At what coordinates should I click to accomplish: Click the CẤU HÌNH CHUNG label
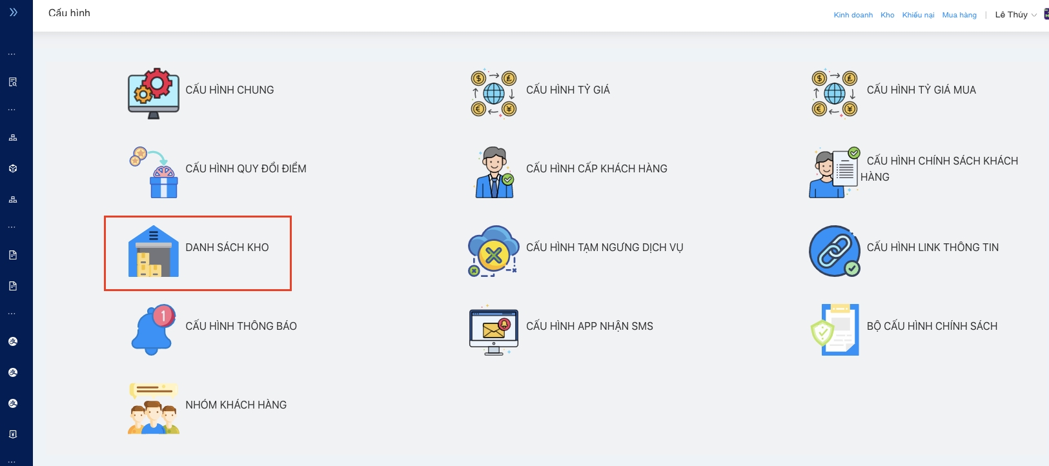tap(229, 90)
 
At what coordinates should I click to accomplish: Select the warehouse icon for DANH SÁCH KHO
tap(154, 251)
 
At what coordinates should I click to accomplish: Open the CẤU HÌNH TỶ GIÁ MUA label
tap(921, 90)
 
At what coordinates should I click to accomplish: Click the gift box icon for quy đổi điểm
tap(154, 172)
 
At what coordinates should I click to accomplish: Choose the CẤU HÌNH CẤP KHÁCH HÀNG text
tap(596, 169)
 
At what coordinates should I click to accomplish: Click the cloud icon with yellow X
tap(493, 251)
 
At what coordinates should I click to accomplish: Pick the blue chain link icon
tap(835, 251)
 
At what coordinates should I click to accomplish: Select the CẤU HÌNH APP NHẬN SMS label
tap(589, 327)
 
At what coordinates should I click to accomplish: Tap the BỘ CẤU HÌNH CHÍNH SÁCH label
tap(932, 327)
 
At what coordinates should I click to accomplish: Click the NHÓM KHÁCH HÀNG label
tap(236, 405)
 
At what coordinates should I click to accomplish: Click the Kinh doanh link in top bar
tap(853, 15)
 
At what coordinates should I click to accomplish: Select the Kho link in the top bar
tap(888, 15)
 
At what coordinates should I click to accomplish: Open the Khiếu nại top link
tap(918, 15)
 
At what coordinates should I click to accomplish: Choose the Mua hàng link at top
tap(959, 15)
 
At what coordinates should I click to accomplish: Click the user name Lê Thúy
tap(1012, 15)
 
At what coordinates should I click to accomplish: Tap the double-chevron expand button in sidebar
tap(13, 12)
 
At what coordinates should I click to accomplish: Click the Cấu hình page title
tap(69, 13)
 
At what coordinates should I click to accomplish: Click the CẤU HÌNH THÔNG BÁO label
tap(241, 327)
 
